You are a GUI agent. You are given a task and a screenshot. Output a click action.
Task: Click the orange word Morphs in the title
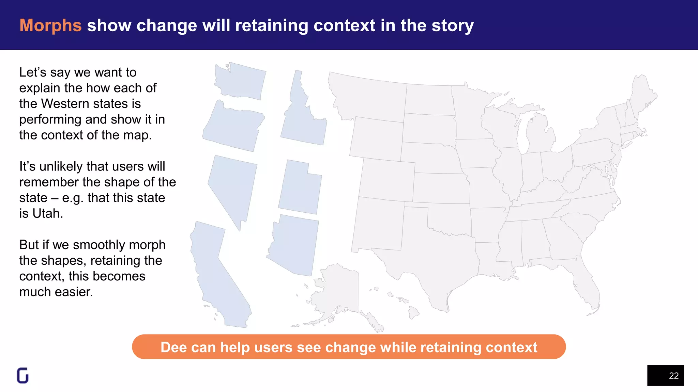coord(50,26)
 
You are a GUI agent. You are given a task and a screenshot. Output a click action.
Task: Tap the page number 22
coord(673,376)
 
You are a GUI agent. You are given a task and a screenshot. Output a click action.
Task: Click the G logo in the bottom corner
coord(23,376)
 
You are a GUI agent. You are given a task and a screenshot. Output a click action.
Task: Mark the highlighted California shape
coord(218,272)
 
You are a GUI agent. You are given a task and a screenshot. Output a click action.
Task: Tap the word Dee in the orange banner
coord(173,347)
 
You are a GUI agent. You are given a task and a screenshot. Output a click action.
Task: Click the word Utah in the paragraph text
coord(47,214)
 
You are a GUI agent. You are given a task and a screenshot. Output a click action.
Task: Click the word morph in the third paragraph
coord(147,245)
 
